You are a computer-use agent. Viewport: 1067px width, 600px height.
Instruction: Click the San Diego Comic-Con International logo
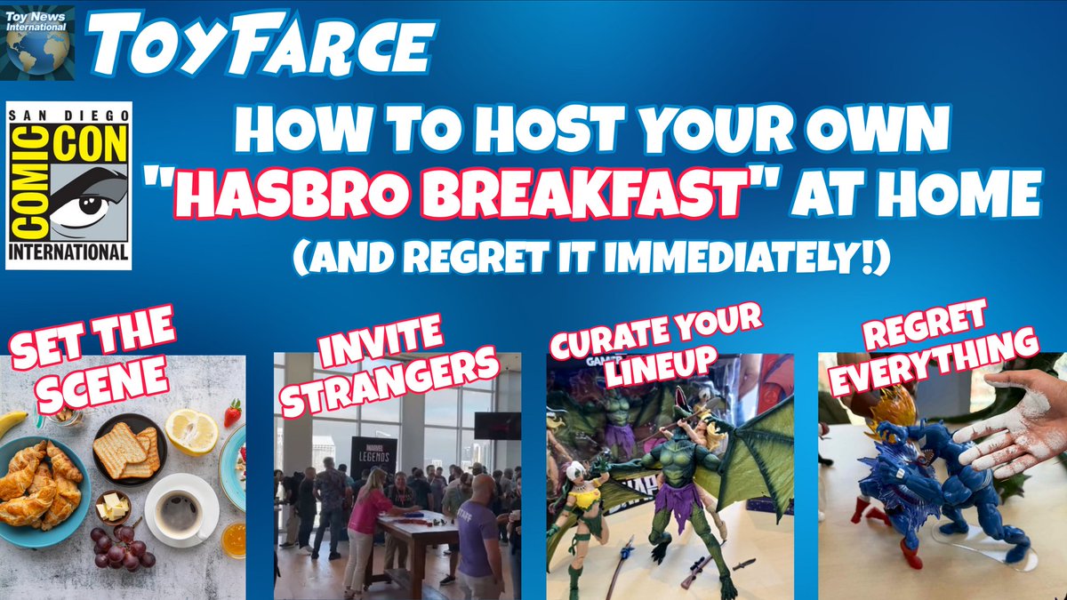(x=68, y=185)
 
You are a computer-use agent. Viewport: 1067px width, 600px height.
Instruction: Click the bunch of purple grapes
(x=120, y=544)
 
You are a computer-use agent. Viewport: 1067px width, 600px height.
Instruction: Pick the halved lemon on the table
(x=192, y=432)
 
